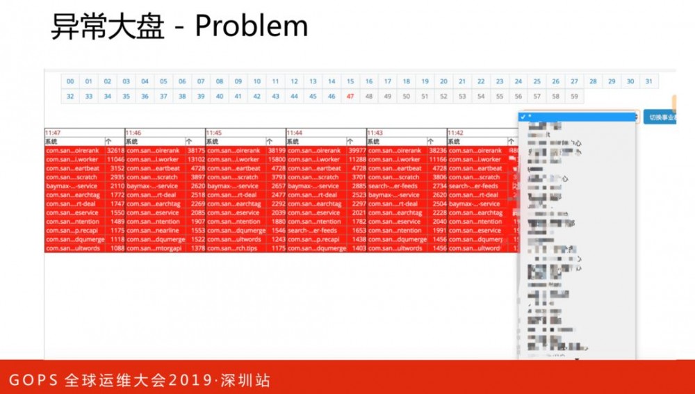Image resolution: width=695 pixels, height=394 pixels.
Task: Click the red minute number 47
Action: (350, 97)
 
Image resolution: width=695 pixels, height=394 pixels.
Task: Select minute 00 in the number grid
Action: (70, 81)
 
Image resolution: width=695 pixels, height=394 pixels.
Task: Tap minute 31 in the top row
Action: (648, 81)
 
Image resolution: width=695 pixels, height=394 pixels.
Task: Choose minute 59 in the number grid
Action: (574, 97)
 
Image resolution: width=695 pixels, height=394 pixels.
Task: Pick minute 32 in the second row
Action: (70, 97)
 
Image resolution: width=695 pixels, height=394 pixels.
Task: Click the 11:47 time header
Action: (53, 132)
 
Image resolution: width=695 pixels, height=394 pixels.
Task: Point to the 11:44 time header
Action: (295, 132)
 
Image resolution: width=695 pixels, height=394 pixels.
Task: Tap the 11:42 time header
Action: (456, 132)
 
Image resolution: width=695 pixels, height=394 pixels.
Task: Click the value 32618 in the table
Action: (115, 150)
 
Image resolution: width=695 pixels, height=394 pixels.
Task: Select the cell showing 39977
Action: (357, 150)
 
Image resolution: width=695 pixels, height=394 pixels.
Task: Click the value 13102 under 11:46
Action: (196, 159)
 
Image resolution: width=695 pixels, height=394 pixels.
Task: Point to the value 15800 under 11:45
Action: (277, 159)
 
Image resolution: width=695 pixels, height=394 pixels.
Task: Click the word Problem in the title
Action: (251, 26)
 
